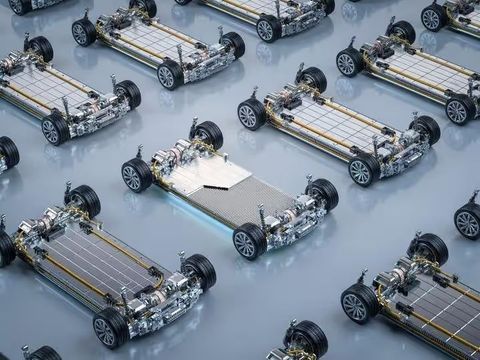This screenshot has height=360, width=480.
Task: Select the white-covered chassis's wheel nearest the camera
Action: coord(248,241)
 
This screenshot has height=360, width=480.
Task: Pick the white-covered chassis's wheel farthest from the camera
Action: coord(207,134)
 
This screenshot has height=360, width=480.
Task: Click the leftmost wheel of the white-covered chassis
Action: coord(136,175)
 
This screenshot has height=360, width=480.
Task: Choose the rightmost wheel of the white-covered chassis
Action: coord(322,193)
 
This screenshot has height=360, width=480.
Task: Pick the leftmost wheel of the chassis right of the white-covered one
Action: coord(251,113)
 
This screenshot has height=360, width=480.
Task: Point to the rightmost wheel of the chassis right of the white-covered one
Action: coord(425,129)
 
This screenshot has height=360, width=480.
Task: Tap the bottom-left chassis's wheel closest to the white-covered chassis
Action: coord(198,270)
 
